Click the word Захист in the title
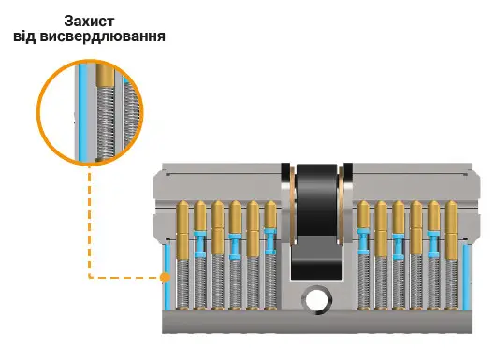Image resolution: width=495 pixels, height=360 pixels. (89, 22)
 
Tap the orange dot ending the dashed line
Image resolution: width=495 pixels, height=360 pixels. (165, 278)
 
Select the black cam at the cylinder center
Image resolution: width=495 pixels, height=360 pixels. (316, 221)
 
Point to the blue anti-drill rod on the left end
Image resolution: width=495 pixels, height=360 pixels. (167, 278)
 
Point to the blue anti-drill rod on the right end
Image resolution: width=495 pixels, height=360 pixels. (466, 278)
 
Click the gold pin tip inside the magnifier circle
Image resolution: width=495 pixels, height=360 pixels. (105, 76)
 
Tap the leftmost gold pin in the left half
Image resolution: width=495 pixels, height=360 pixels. (182, 230)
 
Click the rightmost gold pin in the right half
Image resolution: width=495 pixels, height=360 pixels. (451, 230)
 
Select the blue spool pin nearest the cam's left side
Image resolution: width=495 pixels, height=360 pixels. (270, 241)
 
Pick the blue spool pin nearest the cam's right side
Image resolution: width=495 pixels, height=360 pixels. (363, 241)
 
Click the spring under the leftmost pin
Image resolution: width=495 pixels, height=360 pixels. (182, 284)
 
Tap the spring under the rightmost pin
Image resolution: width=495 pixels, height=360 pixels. (451, 284)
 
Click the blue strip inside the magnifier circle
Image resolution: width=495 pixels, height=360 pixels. (82, 112)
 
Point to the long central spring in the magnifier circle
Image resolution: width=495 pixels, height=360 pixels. (105, 123)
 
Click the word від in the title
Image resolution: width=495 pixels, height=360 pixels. (25, 36)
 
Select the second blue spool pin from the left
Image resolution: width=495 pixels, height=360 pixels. (235, 247)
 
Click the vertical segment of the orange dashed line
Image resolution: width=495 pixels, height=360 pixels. (90, 221)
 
